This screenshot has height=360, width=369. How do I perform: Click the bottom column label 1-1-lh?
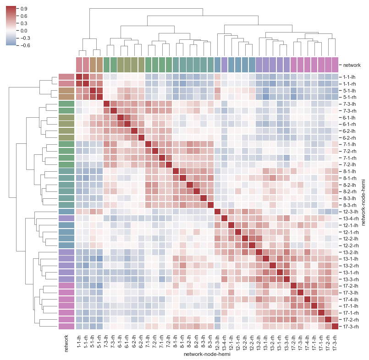(79, 342)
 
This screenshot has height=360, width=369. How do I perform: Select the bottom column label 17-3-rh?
(335, 342)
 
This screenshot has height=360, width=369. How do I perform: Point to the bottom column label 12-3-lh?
(217, 342)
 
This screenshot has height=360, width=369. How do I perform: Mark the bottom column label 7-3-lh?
(107, 342)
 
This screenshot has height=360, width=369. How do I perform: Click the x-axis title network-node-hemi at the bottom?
(206, 354)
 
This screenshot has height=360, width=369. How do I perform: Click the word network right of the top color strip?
(352, 65)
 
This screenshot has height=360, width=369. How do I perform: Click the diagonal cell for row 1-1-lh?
(79, 76)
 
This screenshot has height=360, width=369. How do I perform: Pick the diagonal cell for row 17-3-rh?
(335, 326)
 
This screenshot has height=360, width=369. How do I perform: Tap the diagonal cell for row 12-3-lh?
(217, 211)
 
